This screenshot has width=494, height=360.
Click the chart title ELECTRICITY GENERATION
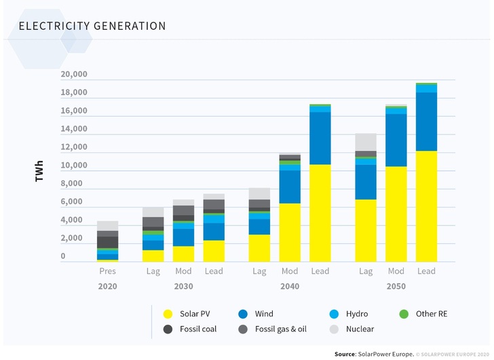pyautogui.click(x=92, y=26)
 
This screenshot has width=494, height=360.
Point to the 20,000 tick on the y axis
pyautogui.click(x=73, y=74)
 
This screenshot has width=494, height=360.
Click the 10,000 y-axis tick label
pyautogui.click(x=73, y=166)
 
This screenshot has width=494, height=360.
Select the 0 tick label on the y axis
pyautogui.click(x=63, y=257)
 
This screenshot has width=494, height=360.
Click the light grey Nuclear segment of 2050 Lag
pyautogui.click(x=366, y=141)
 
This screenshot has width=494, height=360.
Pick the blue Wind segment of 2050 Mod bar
pyautogui.click(x=396, y=140)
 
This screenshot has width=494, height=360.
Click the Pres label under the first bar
pyautogui.click(x=107, y=271)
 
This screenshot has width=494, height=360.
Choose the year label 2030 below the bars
pyautogui.click(x=183, y=287)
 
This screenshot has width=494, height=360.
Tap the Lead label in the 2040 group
pyautogui.click(x=320, y=271)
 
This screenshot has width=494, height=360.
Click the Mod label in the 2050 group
pyautogui.click(x=396, y=271)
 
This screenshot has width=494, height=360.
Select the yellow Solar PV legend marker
pyautogui.click(x=167, y=314)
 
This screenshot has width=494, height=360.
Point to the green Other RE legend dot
pyautogui.click(x=403, y=314)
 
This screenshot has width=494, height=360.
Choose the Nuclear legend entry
pyautogui.click(x=360, y=329)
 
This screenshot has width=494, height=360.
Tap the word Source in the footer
pyautogui.click(x=349, y=355)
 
